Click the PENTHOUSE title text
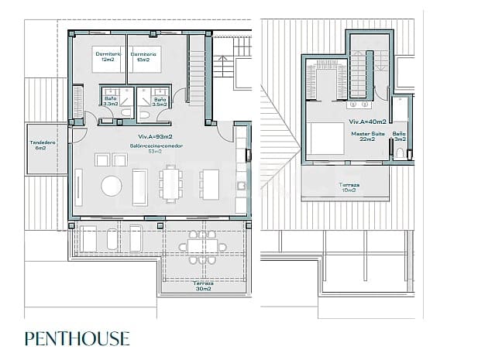click(77, 338)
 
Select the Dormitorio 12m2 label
click(108, 57)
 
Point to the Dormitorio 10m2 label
click(149, 57)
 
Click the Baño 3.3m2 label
click(112, 101)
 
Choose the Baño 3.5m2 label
click(160, 101)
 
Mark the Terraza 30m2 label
click(204, 286)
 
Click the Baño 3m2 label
click(399, 137)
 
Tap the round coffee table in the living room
click(112, 186)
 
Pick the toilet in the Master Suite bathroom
click(400, 153)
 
